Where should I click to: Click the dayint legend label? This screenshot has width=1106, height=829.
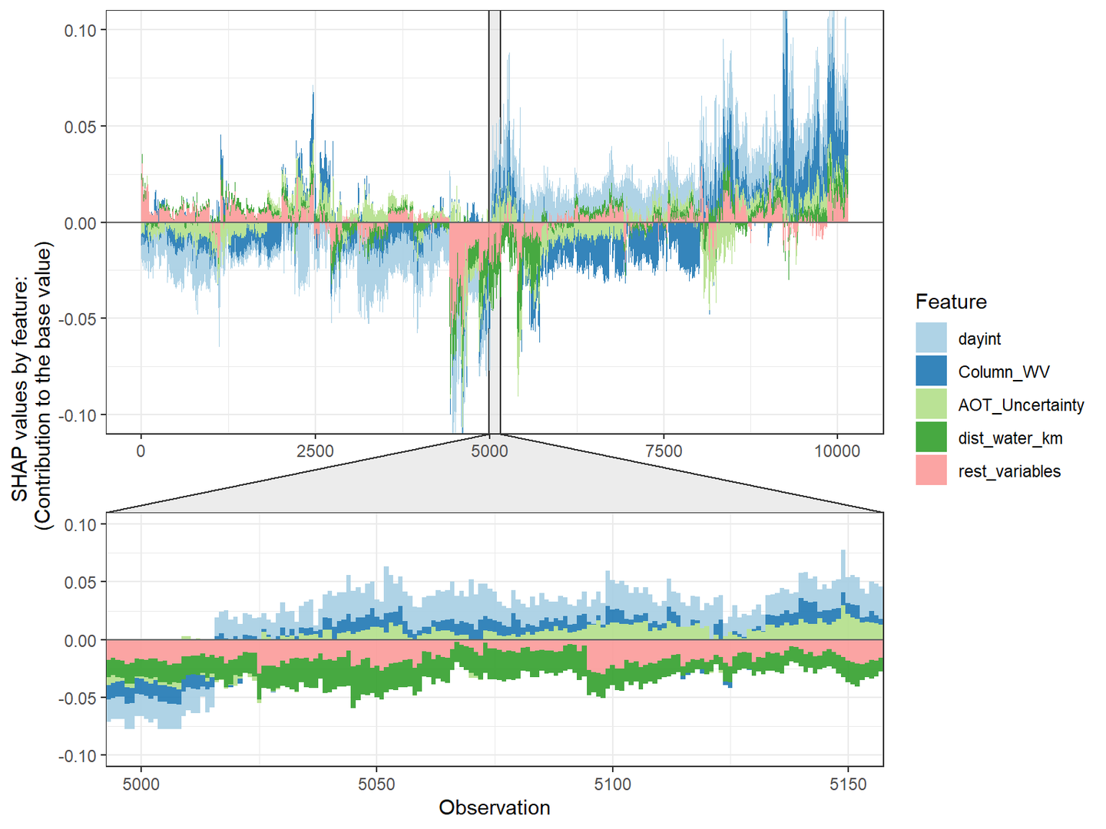tap(979, 339)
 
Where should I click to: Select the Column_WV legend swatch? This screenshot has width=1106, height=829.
tap(931, 372)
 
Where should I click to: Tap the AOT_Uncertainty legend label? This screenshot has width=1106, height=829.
tap(1021, 405)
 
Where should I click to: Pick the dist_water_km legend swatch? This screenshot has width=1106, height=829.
tap(931, 438)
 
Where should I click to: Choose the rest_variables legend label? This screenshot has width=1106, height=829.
tap(1009, 471)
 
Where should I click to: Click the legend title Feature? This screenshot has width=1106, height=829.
tap(951, 302)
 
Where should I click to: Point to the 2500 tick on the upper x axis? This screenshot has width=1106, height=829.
tap(315, 451)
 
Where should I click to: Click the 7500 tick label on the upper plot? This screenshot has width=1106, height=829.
tap(664, 451)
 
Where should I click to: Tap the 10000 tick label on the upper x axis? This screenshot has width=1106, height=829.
tap(837, 451)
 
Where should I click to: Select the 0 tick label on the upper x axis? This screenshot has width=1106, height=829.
tap(141, 451)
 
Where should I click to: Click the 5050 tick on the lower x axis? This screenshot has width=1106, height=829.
tap(376, 784)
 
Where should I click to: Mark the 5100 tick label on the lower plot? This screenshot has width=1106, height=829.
tap(612, 784)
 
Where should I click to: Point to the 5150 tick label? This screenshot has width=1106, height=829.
tap(848, 784)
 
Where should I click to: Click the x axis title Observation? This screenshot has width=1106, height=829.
tap(495, 808)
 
